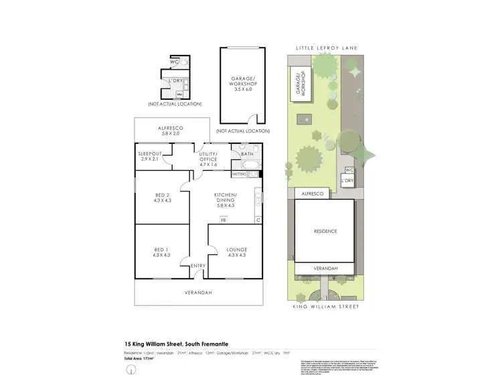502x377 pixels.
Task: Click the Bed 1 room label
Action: [161, 252]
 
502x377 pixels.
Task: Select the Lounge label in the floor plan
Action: [236, 252]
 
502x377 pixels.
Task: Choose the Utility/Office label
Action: [210, 159]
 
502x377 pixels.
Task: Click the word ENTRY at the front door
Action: [198, 266]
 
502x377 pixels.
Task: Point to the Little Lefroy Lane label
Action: [327, 49]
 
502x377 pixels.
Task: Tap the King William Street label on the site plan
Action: [327, 306]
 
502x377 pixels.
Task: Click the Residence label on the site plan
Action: [325, 231]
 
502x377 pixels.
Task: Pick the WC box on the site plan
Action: [349, 170]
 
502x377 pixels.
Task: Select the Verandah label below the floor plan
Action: [198, 293]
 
